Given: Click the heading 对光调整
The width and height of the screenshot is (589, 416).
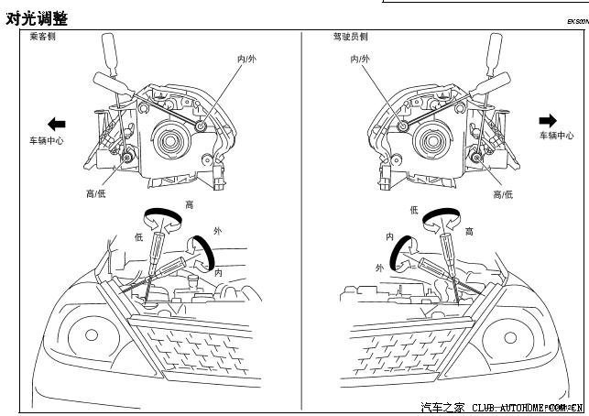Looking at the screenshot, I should [x=37, y=17].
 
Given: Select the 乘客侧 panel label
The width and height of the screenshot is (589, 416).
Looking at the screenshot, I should [x=43, y=38].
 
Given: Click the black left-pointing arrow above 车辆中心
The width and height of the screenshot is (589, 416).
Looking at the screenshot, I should [x=56, y=122].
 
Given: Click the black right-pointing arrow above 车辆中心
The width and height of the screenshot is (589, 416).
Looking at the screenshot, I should [x=548, y=120].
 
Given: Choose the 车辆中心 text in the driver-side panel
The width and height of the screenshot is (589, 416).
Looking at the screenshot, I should [x=556, y=136].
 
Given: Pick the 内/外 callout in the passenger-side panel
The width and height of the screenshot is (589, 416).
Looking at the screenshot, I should [x=247, y=58].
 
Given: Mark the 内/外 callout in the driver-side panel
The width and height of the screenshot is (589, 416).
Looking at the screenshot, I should [x=360, y=58].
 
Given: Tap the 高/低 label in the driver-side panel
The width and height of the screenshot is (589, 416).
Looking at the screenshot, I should [x=503, y=194].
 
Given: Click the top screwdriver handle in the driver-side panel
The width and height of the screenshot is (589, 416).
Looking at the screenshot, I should [x=496, y=48].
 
